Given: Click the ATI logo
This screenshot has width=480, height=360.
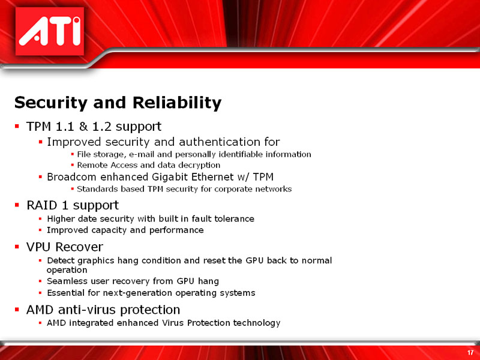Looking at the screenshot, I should (49, 32).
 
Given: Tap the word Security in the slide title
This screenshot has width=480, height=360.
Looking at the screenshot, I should (50, 103).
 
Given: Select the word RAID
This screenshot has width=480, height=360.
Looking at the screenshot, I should (43, 205).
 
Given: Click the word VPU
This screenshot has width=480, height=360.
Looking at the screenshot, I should (40, 247).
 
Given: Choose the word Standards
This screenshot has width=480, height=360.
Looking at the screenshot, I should (98, 189).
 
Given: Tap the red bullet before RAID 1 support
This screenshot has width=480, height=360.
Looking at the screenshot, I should (17, 206).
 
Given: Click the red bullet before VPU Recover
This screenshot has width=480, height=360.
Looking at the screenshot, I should (17, 248).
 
